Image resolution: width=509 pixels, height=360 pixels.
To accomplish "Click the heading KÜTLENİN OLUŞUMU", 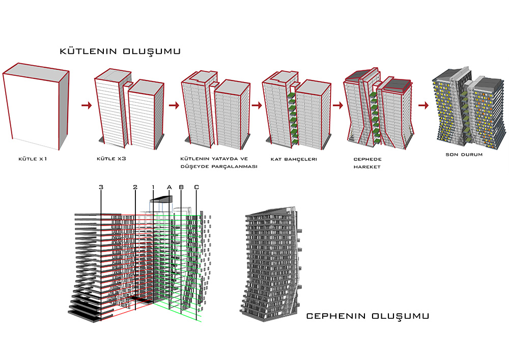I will [x=121, y=52].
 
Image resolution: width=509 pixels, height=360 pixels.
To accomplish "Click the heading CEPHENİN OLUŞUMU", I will [x=367, y=316].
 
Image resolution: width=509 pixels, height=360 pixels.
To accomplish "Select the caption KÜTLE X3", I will [x=111, y=159].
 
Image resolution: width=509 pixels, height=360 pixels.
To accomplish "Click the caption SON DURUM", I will [x=464, y=155].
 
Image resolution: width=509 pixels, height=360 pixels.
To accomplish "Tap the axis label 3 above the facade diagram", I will [x=101, y=187].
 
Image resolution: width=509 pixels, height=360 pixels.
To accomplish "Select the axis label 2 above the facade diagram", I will [x=135, y=187].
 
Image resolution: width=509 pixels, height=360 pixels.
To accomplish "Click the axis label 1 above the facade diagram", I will [x=153, y=187].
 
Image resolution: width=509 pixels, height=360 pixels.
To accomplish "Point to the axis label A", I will [x=169, y=187].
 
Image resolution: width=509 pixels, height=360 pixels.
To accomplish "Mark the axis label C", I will [x=196, y=187].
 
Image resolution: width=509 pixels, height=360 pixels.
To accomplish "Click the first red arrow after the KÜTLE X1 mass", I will [x=87, y=106].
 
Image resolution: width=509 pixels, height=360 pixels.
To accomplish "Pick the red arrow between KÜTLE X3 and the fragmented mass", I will [x=174, y=106].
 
